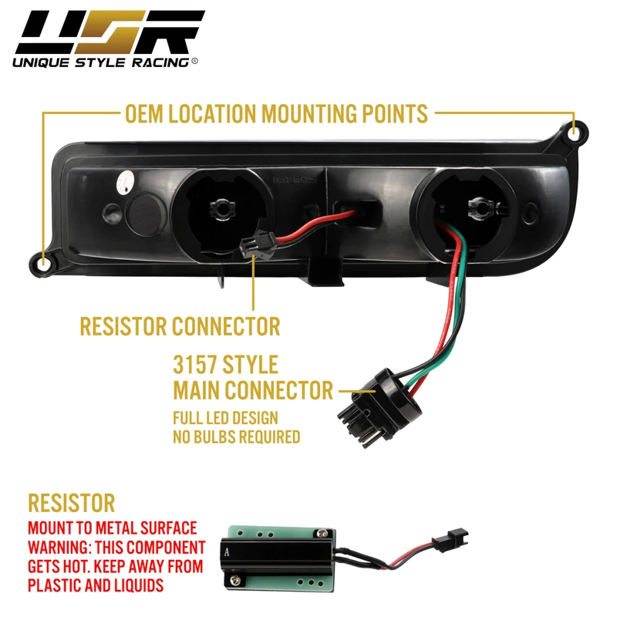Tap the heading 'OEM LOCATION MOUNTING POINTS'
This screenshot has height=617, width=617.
(276, 114)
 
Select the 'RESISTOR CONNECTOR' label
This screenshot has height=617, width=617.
(180, 325)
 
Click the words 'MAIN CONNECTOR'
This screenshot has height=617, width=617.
(254, 389)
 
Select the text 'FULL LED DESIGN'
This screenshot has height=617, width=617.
(225, 420)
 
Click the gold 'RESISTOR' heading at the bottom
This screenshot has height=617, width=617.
(71, 504)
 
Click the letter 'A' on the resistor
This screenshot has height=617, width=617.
(225, 551)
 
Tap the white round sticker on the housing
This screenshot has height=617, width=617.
(123, 182)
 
